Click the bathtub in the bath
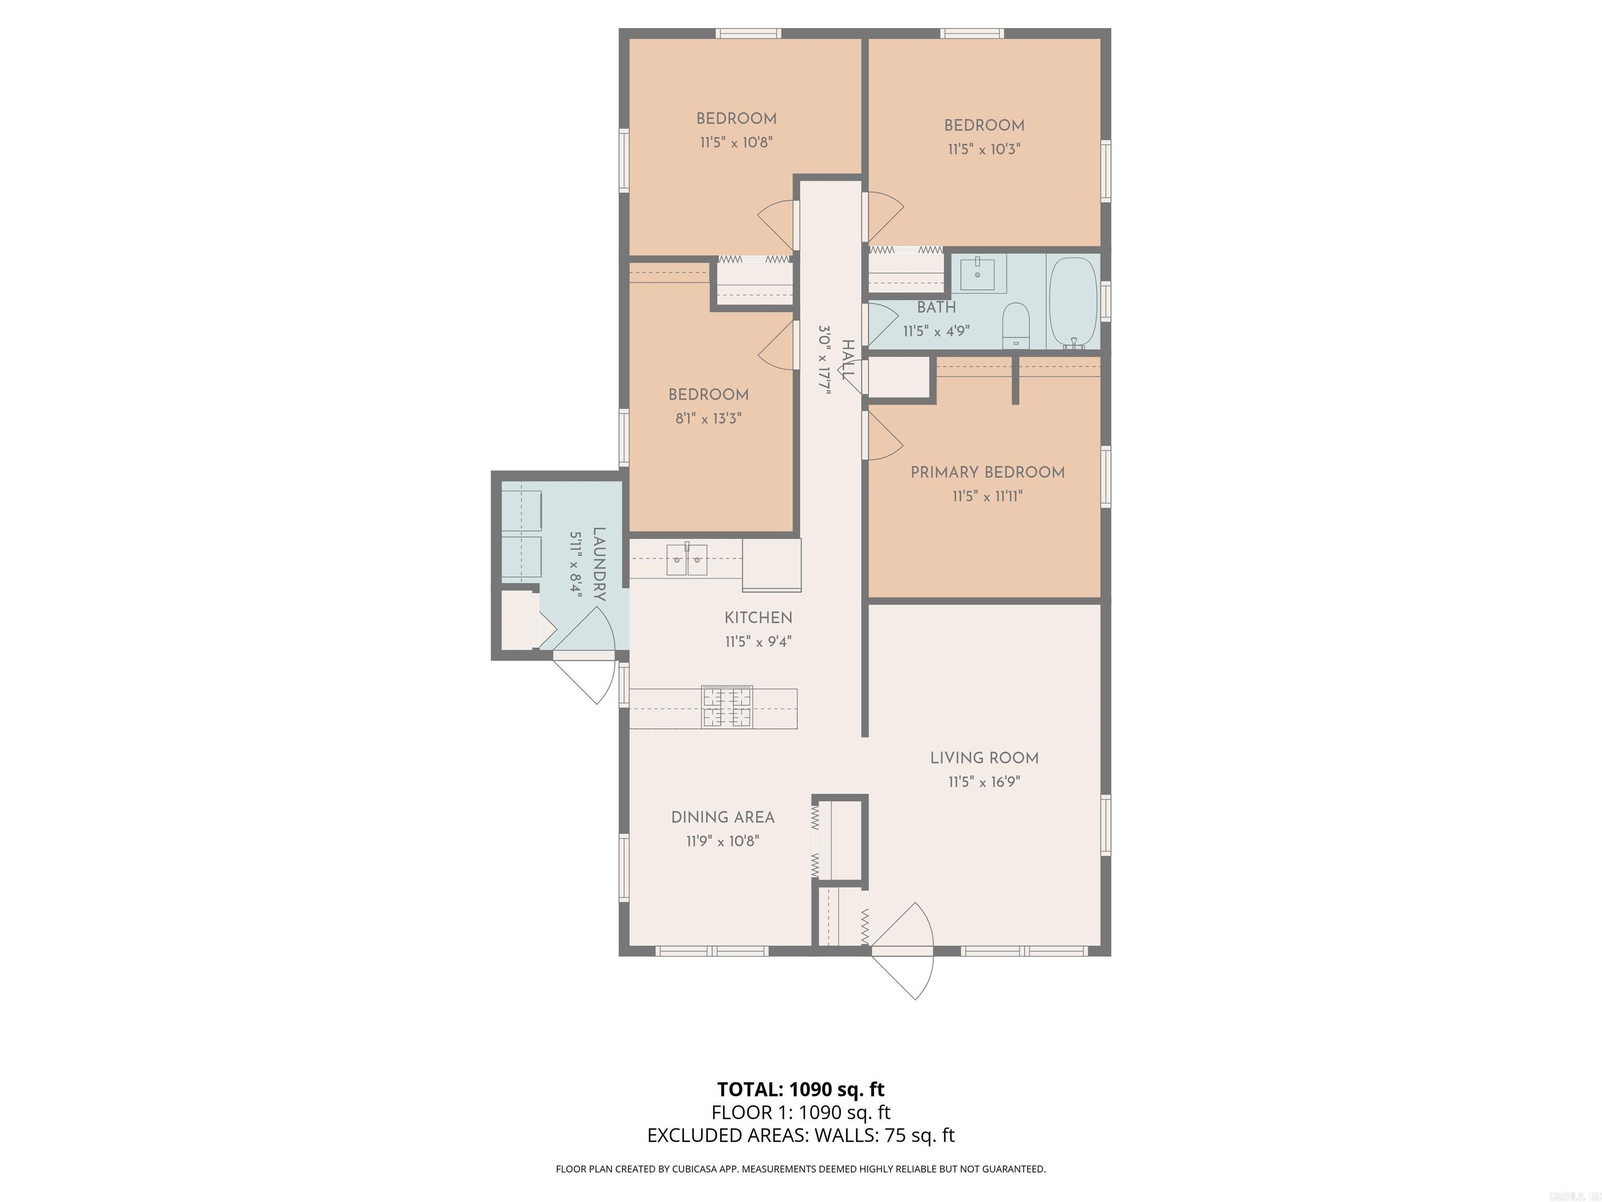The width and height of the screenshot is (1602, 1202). click(x=1073, y=303)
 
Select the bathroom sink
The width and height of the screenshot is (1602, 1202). click(x=978, y=274)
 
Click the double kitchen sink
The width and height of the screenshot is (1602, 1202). click(x=686, y=559)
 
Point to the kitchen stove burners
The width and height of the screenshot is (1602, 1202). click(x=726, y=706)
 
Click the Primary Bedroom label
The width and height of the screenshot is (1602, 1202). click(x=987, y=472)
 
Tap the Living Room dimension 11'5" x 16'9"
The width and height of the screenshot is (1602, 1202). click(x=984, y=782)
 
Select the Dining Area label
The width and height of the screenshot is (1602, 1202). click(x=722, y=818)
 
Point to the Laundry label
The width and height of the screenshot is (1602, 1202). click(x=599, y=564)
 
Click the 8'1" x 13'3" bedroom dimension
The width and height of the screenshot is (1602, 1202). click(x=708, y=418)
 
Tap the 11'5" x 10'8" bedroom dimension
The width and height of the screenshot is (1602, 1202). click(x=736, y=142)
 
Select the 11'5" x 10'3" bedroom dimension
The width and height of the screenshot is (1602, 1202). click(x=984, y=149)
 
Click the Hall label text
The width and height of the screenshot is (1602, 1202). click(x=848, y=358)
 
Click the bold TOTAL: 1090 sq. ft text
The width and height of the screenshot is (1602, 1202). click(x=800, y=1089)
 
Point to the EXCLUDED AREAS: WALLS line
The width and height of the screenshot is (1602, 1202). click(x=800, y=1135)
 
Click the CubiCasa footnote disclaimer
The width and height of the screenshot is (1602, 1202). click(x=800, y=1169)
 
